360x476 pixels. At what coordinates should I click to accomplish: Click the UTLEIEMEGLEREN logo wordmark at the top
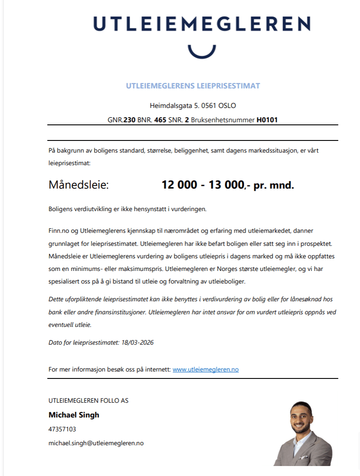[202, 24]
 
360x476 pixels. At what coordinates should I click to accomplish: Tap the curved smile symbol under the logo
[202, 51]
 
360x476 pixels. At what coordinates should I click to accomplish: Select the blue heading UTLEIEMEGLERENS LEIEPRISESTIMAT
[193, 86]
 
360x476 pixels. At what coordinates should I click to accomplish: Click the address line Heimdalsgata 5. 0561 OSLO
[193, 106]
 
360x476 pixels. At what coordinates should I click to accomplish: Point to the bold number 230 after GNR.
[129, 120]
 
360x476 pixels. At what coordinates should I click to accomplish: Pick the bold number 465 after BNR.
[160, 120]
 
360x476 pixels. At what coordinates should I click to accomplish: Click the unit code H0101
[267, 120]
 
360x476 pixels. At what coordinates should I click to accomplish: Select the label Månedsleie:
[79, 186]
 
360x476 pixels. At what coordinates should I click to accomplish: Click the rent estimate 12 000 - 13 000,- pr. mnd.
[228, 185]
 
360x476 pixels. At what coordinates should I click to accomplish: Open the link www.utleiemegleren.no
[206, 370]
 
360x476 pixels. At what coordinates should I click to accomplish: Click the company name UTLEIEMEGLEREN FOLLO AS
[88, 401]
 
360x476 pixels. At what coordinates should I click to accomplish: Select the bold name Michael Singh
[74, 415]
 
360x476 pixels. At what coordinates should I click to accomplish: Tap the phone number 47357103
[62, 429]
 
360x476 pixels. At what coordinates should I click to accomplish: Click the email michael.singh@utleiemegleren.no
[96, 443]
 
